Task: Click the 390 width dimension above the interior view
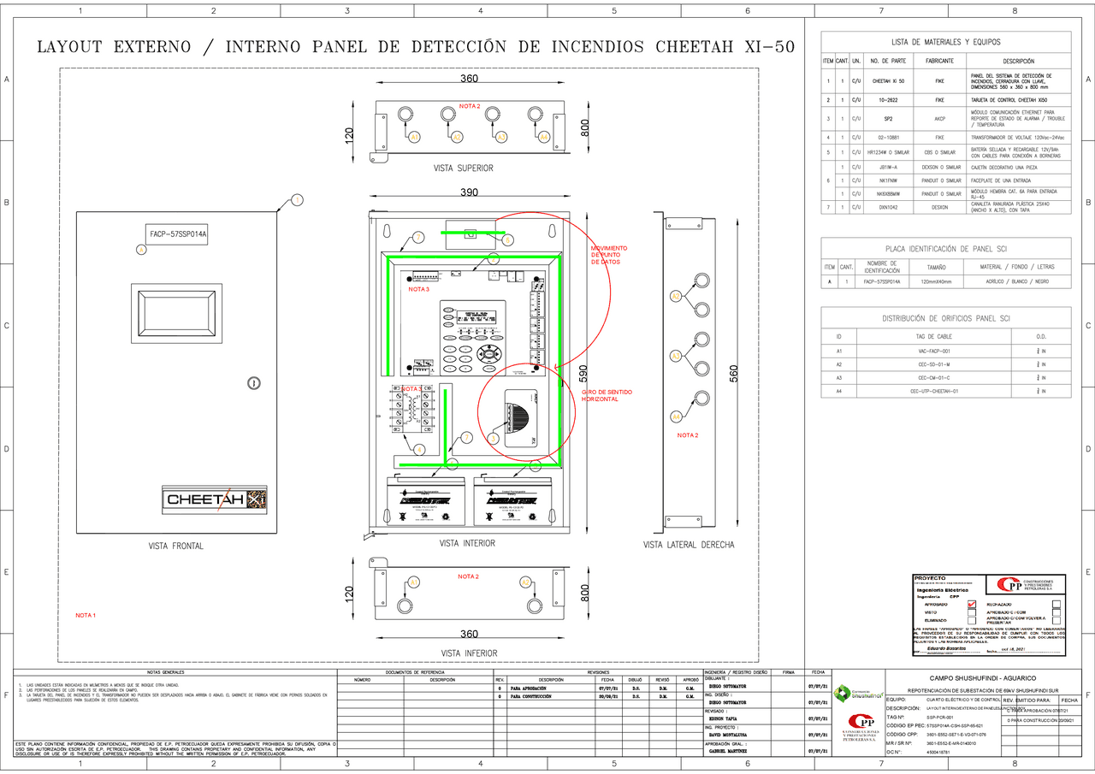click(469, 193)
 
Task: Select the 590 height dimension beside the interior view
click(583, 374)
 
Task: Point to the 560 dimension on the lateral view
click(733, 374)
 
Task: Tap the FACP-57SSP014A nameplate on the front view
click(179, 233)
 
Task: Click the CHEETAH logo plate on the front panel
click(216, 499)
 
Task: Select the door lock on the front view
click(253, 383)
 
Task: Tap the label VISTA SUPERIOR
click(463, 168)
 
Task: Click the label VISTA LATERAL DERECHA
click(688, 545)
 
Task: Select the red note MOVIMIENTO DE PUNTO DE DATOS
click(609, 255)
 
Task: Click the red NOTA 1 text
click(86, 616)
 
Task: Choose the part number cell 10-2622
click(887, 100)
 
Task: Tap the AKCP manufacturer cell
click(939, 119)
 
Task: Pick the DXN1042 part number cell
click(887, 207)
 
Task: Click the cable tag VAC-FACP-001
click(934, 352)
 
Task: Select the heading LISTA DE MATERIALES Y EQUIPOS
click(945, 42)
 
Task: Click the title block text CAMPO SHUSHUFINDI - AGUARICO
click(975, 677)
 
